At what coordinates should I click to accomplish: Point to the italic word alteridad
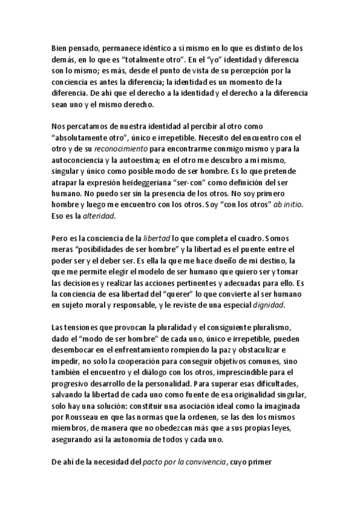click(97, 215)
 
